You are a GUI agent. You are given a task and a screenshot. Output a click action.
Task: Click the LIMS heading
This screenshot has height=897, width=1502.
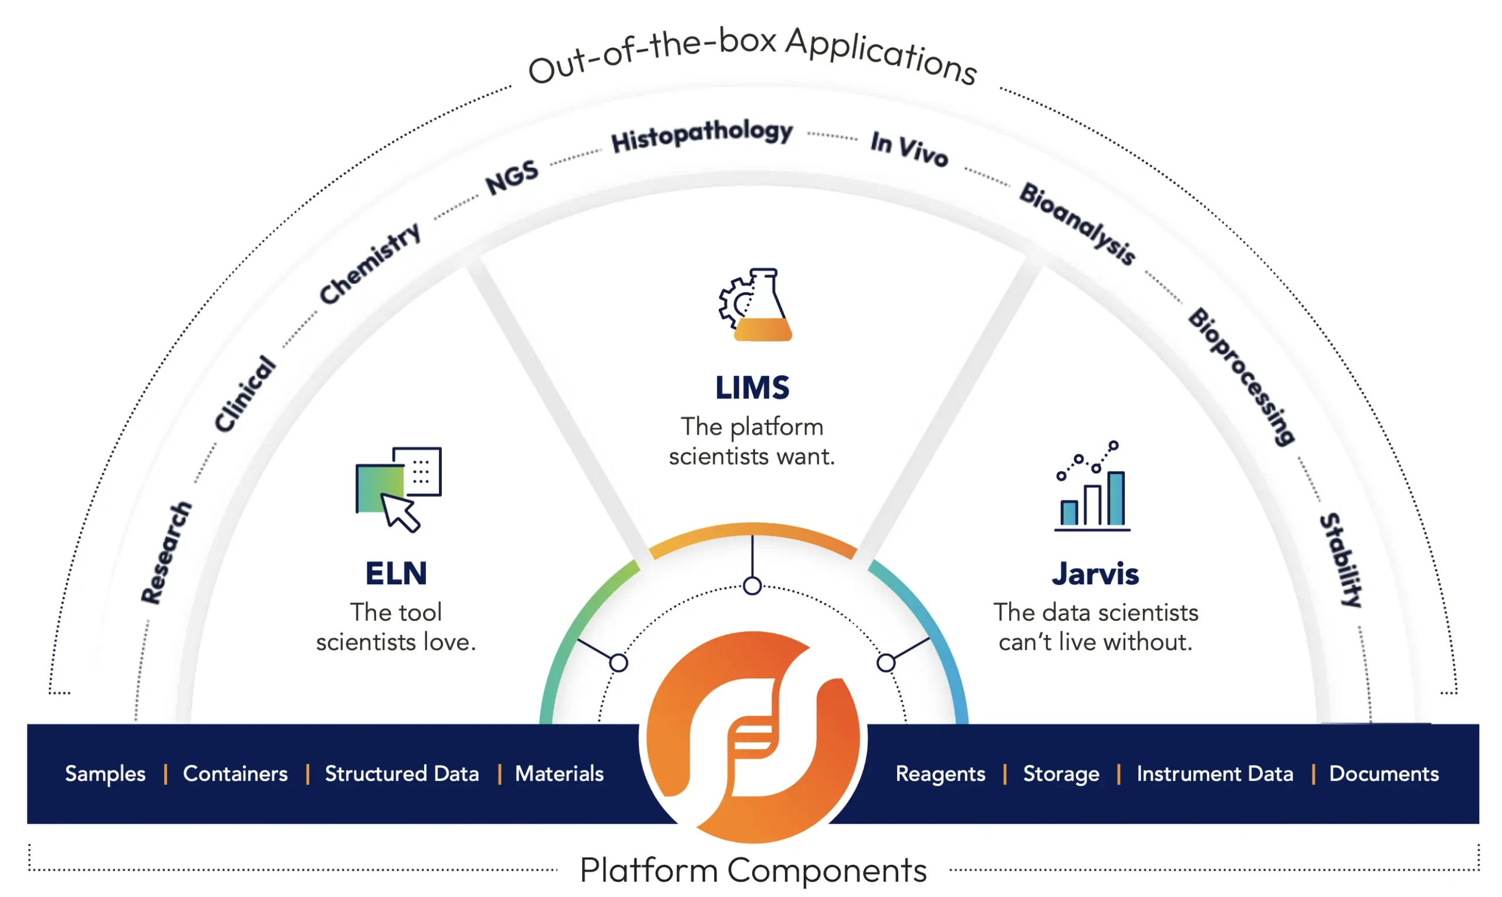click(752, 387)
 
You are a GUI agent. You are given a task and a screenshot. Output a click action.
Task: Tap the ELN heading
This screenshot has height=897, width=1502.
click(396, 573)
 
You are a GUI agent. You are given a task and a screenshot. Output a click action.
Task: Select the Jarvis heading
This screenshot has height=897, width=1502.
click(1095, 574)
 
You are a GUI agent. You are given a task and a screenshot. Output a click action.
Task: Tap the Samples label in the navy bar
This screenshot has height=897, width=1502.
click(105, 774)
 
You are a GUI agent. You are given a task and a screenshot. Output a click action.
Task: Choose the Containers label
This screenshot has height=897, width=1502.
click(235, 774)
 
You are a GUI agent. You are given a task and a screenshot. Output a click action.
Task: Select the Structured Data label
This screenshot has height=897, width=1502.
click(401, 774)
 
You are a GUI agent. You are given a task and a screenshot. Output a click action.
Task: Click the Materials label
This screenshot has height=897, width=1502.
click(559, 774)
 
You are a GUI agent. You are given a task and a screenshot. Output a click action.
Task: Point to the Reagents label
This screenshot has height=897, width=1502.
click(940, 774)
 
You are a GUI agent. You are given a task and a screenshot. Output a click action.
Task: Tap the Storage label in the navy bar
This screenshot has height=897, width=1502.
click(1061, 774)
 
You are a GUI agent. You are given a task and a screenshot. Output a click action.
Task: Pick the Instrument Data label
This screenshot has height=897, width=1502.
click(1215, 774)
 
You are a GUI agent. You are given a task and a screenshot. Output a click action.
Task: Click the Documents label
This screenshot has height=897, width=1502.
click(1383, 774)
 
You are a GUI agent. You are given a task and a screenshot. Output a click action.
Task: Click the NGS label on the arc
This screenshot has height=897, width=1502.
click(512, 177)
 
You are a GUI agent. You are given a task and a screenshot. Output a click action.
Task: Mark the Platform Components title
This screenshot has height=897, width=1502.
click(753, 871)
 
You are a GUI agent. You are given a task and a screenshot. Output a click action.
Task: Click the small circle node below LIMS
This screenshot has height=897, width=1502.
click(752, 585)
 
